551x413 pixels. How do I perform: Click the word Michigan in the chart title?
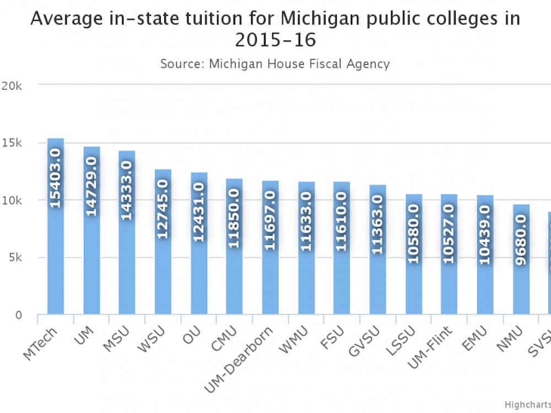coord(316,18)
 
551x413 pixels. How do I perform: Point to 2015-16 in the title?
coord(275,40)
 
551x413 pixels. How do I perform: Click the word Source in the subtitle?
coord(181,64)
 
